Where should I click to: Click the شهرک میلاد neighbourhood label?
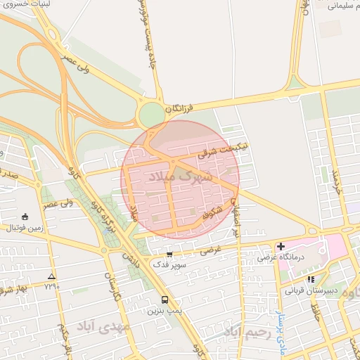[x=181, y=176]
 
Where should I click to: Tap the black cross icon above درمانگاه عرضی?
[x=281, y=246]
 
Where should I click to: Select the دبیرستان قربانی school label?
[x=311, y=290]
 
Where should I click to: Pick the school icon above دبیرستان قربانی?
[x=311, y=279]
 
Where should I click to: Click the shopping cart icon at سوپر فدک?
[x=169, y=255]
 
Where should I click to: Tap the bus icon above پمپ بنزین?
[x=165, y=299]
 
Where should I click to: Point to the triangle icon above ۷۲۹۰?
[x=51, y=276]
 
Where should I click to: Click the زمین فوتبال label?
[x=25, y=228]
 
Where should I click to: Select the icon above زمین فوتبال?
[x=26, y=217]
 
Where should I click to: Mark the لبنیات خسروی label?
[x=21, y=4]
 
